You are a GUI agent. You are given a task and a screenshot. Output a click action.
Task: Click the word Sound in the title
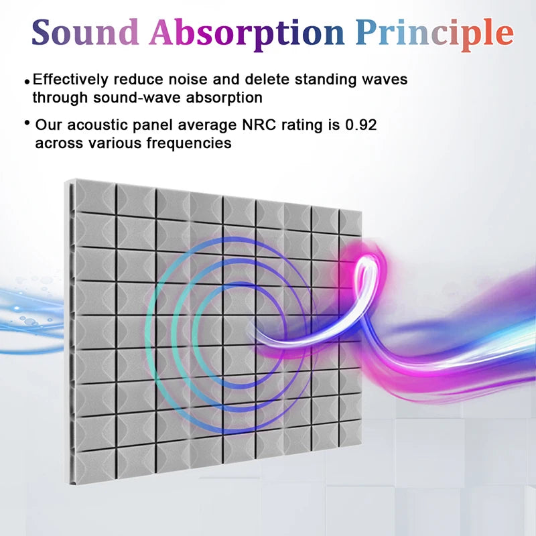coord(84,33)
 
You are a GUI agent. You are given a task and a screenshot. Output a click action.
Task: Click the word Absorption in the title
coord(246,33)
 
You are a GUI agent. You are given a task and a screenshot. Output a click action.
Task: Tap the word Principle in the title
coord(434,33)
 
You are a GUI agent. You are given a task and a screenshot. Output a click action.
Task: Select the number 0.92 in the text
coord(367,125)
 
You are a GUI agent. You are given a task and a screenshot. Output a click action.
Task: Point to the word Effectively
coord(70,79)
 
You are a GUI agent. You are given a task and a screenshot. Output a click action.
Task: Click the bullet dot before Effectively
coord(27,81)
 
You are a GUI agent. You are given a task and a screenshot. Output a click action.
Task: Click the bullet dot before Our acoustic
coord(27,123)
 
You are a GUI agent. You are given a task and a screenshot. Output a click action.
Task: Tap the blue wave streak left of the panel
coord(30,315)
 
